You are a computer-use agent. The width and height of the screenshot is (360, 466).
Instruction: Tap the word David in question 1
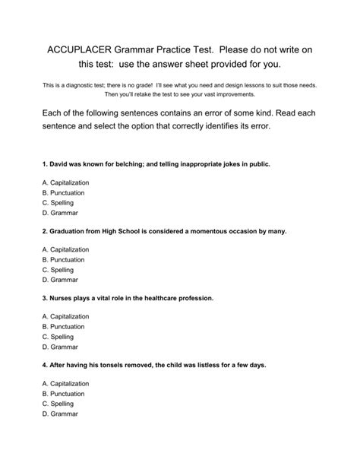[61, 164]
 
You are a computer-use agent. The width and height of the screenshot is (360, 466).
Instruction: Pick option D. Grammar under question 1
[58, 214]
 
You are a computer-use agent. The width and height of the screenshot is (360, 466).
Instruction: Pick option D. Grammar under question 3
[58, 347]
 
